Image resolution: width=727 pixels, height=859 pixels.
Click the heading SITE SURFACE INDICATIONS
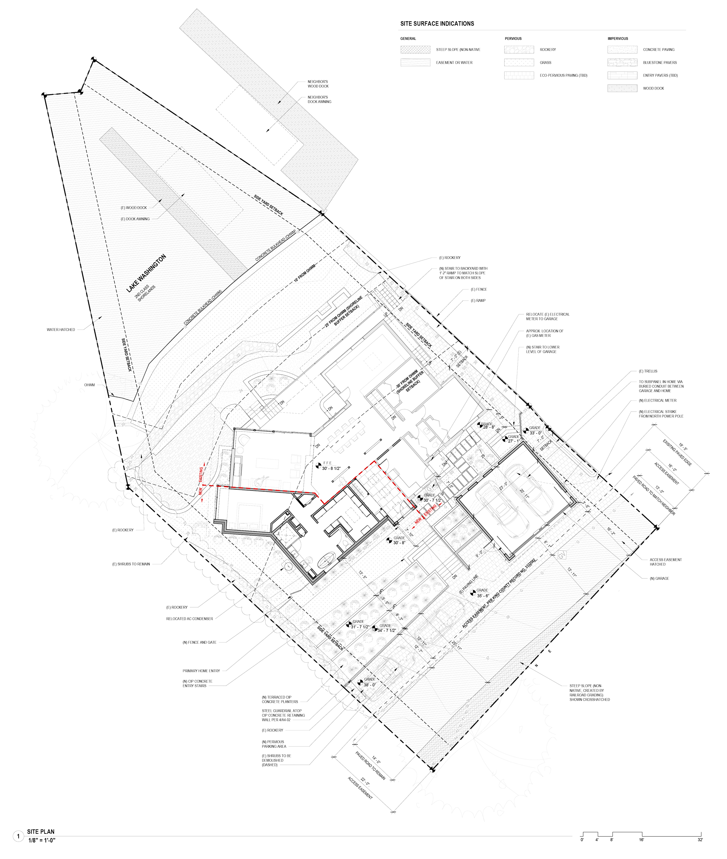(437, 24)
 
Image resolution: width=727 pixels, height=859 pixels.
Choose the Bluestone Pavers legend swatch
(622, 62)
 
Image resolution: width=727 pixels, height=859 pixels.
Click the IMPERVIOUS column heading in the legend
(617, 39)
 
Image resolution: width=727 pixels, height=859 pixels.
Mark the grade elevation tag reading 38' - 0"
(369, 685)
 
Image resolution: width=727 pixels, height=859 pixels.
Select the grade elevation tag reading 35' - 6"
(483, 596)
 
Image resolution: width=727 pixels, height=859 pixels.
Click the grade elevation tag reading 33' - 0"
(535, 433)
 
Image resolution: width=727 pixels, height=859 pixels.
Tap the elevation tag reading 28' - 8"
(489, 427)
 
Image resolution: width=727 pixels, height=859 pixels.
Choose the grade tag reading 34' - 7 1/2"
(386, 631)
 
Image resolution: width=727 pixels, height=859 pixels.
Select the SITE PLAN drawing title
(40, 832)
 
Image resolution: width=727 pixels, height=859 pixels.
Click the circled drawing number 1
(18, 836)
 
